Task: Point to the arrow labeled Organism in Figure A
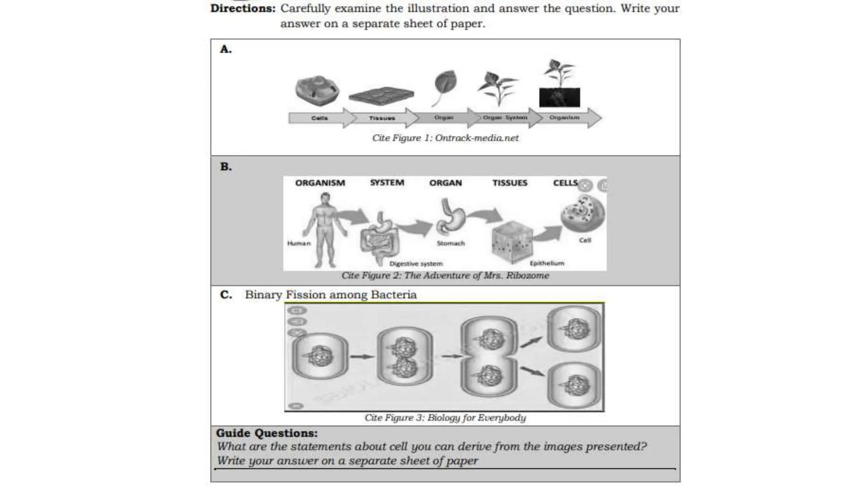click(x=565, y=118)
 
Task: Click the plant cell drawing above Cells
click(x=317, y=91)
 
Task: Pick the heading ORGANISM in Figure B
click(x=320, y=183)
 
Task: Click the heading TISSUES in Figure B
click(x=509, y=183)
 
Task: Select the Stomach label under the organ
click(x=451, y=244)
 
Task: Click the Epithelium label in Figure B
click(x=547, y=263)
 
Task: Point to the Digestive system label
click(x=416, y=263)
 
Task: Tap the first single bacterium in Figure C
click(x=320, y=355)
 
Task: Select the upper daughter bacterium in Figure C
click(x=574, y=329)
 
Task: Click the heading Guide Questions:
click(x=267, y=433)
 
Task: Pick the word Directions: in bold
click(x=243, y=8)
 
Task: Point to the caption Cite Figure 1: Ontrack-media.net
click(x=445, y=138)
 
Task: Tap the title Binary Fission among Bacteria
click(x=331, y=295)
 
